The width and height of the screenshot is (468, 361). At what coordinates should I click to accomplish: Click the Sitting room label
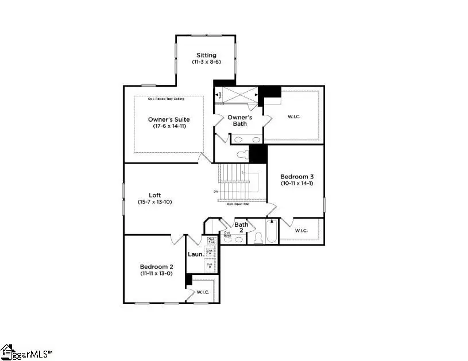pyautogui.click(x=206, y=56)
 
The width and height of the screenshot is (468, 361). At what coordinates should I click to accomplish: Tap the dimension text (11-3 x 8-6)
pyautogui.click(x=206, y=63)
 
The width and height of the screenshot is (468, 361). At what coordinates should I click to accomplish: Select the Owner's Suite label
pyautogui.click(x=168, y=119)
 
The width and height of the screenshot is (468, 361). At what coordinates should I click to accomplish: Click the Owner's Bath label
pyautogui.click(x=239, y=120)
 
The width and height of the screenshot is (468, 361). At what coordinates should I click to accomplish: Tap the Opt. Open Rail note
pyautogui.click(x=238, y=204)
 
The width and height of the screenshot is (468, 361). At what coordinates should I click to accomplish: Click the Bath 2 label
pyautogui.click(x=241, y=227)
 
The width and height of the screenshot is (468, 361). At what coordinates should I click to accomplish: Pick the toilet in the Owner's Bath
pyautogui.click(x=242, y=154)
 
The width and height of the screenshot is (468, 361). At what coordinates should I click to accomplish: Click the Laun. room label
pyautogui.click(x=196, y=253)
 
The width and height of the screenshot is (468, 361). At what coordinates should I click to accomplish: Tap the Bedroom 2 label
pyautogui.click(x=156, y=267)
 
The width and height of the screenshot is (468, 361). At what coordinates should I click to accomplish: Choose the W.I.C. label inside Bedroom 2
pyautogui.click(x=203, y=292)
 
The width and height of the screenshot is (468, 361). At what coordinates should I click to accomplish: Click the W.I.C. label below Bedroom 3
pyautogui.click(x=301, y=231)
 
